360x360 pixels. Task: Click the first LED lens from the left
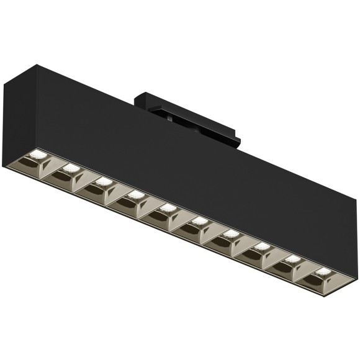coord(37,155)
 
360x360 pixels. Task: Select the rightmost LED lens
coord(322,271)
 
